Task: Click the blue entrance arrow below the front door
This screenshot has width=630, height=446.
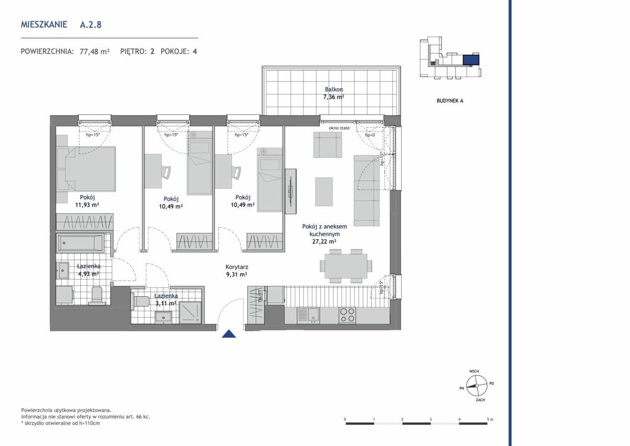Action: pyautogui.click(x=229, y=334)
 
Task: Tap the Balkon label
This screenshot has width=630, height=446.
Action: pyautogui.click(x=334, y=89)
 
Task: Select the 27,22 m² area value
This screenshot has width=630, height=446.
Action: pyautogui.click(x=324, y=242)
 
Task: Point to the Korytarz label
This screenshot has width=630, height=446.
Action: pyautogui.click(x=237, y=267)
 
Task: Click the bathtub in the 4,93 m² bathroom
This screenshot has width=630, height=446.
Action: pyautogui.click(x=80, y=243)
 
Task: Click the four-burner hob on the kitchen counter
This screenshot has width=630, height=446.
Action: pyautogui.click(x=348, y=315)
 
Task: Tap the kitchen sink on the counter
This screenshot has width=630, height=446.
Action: pyautogui.click(x=308, y=315)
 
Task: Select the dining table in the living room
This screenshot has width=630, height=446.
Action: pyautogui.click(x=346, y=266)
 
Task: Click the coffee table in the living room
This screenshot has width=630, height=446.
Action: pyautogui.click(x=324, y=192)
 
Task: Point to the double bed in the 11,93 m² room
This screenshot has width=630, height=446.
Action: pyautogui.click(x=86, y=169)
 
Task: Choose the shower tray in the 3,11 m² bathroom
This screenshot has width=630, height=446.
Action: pyautogui.click(x=191, y=313)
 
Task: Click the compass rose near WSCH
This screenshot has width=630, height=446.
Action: pyautogui.click(x=477, y=386)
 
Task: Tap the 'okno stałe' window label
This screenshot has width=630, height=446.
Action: pyautogui.click(x=339, y=128)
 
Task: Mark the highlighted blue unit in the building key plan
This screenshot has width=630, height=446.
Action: pyautogui.click(x=471, y=60)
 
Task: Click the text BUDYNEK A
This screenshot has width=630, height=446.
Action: pyautogui.click(x=450, y=101)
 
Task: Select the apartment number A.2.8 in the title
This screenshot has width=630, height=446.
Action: pyautogui.click(x=90, y=25)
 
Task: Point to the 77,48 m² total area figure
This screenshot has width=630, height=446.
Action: pyautogui.click(x=94, y=51)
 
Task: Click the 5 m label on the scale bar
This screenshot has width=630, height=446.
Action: pyautogui.click(x=490, y=419)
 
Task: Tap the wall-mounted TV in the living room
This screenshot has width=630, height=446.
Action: pyautogui.click(x=290, y=191)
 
